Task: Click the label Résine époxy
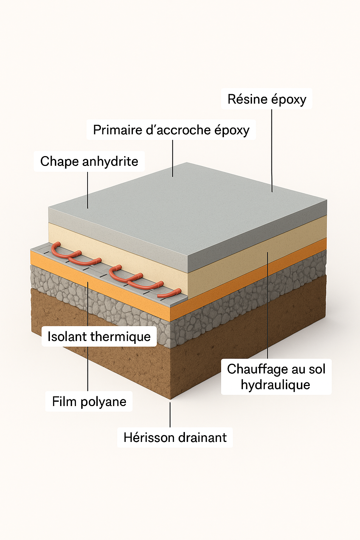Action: [267, 99]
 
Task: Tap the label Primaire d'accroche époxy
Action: [171, 130]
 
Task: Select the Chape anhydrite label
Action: [89, 161]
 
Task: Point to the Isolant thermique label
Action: [99, 336]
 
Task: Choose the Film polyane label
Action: [89, 401]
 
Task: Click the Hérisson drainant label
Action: [175, 438]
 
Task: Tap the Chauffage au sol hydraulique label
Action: [276, 377]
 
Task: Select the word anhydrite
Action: [110, 161]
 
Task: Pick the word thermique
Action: [120, 337]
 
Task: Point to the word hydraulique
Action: [276, 385]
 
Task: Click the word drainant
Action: [202, 438]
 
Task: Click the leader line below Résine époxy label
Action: [272, 151]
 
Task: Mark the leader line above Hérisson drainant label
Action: [170, 415]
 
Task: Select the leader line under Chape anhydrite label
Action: [88, 190]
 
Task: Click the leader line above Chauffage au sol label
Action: [268, 306]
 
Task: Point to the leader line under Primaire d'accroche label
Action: [173, 158]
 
